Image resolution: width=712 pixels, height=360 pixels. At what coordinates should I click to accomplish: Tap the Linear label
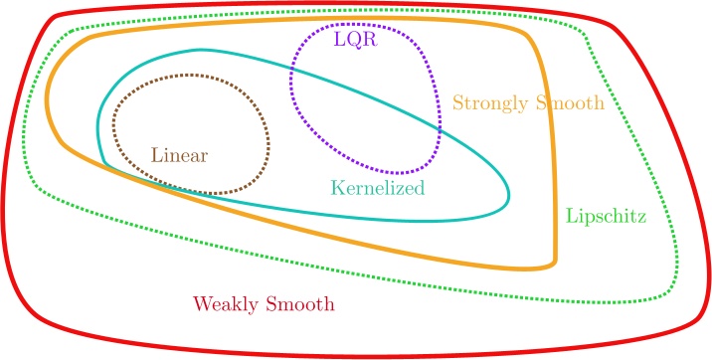tap(183, 155)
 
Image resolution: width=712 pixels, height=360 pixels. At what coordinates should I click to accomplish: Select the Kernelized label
tap(377, 187)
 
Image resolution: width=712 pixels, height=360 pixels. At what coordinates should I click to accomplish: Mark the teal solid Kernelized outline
tap(508, 194)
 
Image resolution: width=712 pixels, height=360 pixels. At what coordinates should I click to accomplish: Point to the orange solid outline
tap(554, 199)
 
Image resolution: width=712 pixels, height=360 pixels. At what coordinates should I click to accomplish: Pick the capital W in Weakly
tap(201, 303)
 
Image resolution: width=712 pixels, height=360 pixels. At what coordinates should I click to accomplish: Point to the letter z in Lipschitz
tap(638, 216)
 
